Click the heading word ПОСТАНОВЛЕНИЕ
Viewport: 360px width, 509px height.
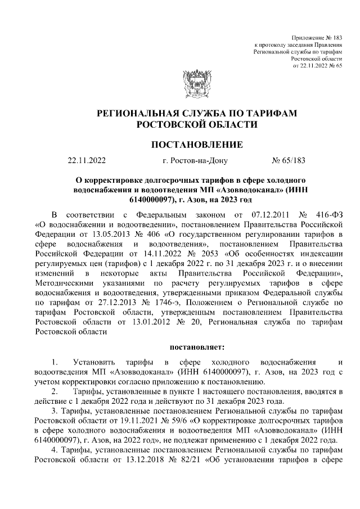[x=197, y=145]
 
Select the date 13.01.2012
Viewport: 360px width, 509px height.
[x=143, y=322]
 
